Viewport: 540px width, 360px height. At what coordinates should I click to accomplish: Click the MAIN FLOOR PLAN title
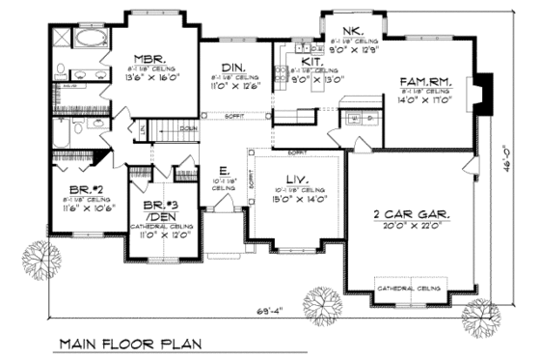click(128, 343)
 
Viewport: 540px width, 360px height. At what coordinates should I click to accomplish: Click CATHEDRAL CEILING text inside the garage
click(410, 288)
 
